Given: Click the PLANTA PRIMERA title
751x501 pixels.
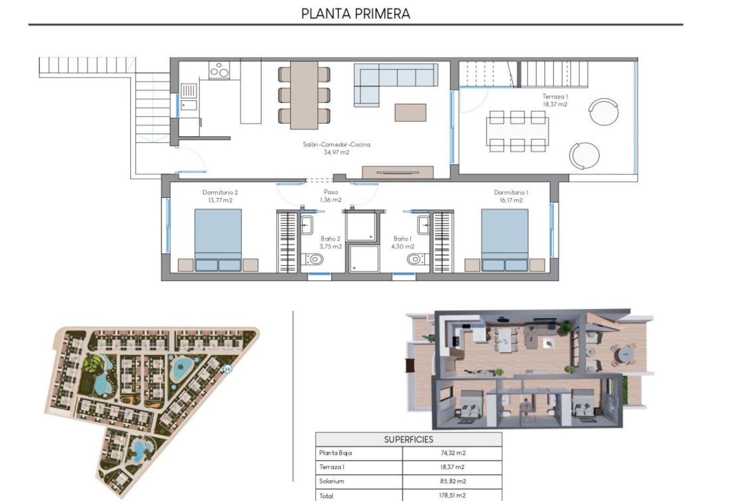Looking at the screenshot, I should tap(356, 14).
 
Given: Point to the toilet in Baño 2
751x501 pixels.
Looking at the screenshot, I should tap(314, 259).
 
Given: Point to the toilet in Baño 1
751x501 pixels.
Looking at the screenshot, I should tap(416, 259).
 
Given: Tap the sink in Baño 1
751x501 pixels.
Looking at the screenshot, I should tap(423, 225).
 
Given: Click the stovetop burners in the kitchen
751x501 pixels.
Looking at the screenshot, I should tap(219, 71).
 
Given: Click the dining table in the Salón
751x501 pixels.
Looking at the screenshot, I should tap(304, 95).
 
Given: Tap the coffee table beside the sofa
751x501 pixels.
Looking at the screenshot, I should tap(410, 112).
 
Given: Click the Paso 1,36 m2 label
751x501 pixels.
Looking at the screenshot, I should tap(331, 196).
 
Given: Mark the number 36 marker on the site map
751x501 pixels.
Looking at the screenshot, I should tap(227, 369).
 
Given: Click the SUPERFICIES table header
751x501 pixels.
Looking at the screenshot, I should tap(408, 440).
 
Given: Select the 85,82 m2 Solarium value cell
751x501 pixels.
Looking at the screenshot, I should tap(453, 481).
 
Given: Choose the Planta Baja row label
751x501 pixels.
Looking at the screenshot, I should tap(335, 453).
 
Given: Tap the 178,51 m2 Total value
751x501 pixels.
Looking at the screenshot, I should tap(453, 495).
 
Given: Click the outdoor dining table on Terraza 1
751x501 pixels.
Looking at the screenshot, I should tap(517, 132).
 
